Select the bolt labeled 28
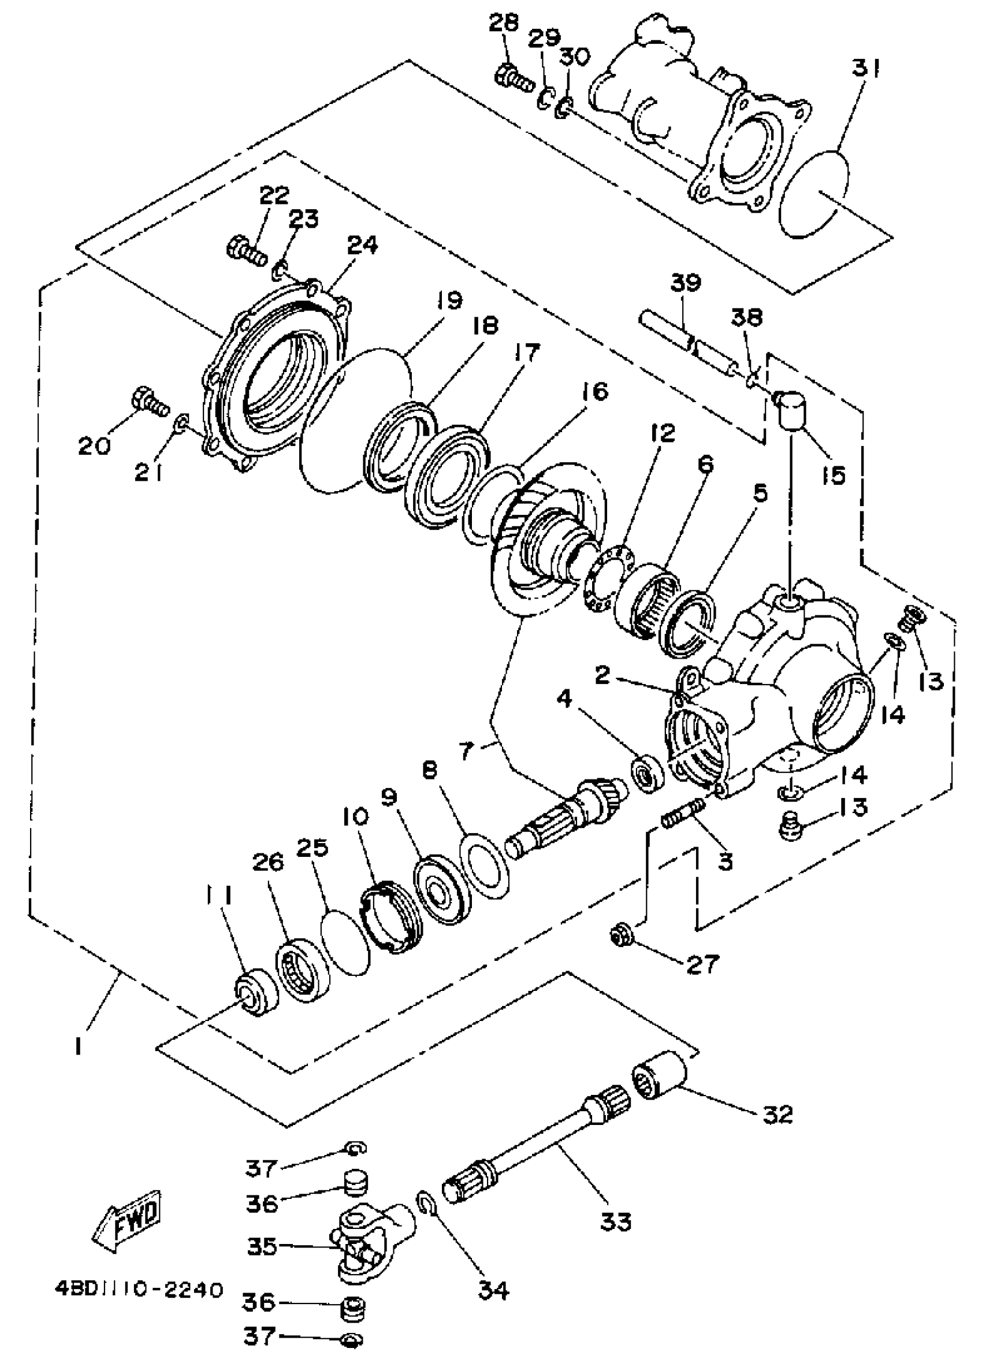(512, 78)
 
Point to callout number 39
(685, 283)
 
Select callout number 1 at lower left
(78, 1046)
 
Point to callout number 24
(362, 244)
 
